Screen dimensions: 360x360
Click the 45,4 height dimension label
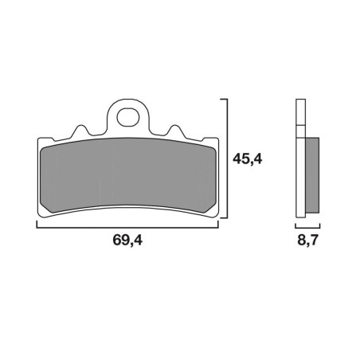248,159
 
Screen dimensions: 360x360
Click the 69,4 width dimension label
127,241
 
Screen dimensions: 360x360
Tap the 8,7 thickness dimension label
307,241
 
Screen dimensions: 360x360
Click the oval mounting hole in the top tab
128,117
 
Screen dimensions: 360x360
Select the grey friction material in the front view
128,175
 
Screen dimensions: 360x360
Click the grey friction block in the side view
312,175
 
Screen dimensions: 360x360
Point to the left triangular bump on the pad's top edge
80,131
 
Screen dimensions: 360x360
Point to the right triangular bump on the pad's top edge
175,131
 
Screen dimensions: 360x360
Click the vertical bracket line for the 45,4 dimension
227,158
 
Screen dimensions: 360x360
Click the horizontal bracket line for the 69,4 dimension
127,228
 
